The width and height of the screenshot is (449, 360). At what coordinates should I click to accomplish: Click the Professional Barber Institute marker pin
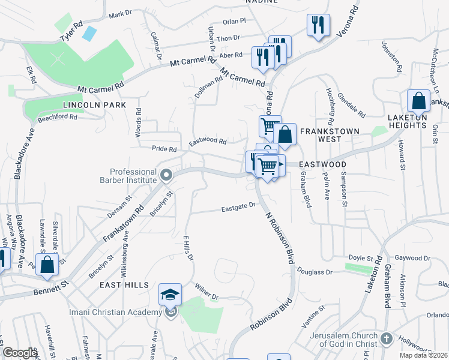(167, 176)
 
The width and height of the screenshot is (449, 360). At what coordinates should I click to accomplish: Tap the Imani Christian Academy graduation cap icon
(170, 295)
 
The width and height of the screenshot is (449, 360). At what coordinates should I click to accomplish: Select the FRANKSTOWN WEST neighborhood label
(329, 135)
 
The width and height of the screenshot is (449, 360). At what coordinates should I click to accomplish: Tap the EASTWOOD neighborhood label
(323, 164)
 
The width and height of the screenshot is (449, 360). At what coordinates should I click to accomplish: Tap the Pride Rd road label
(164, 149)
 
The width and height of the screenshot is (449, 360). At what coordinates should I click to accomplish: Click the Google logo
(20, 353)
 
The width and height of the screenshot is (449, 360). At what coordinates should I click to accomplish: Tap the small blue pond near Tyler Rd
(89, 34)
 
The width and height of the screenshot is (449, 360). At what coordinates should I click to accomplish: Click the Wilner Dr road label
(206, 291)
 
